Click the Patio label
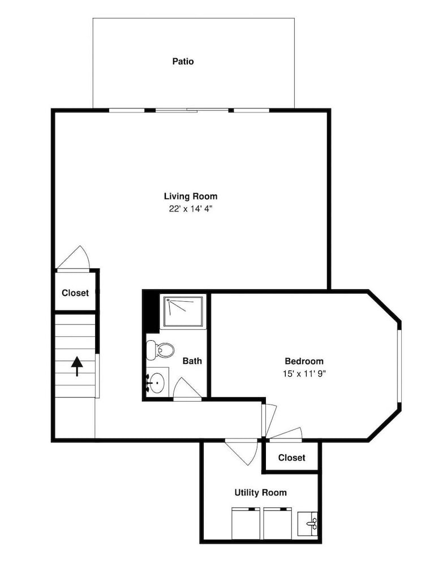pos(183,61)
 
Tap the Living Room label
pos(191,197)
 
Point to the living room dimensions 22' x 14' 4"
pos(191,209)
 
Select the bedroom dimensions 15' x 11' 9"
pos(304,373)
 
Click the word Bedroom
pos(304,361)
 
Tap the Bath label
pos(192,360)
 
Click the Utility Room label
pos(260,493)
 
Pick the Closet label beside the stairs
pos(75,293)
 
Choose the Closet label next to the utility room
pos(291,458)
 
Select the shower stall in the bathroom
pos(183,311)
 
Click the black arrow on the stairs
pos(77,366)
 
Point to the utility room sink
pos(308,524)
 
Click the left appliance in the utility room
pos(246,523)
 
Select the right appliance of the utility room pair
pos(277,523)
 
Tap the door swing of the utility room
pos(242,451)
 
